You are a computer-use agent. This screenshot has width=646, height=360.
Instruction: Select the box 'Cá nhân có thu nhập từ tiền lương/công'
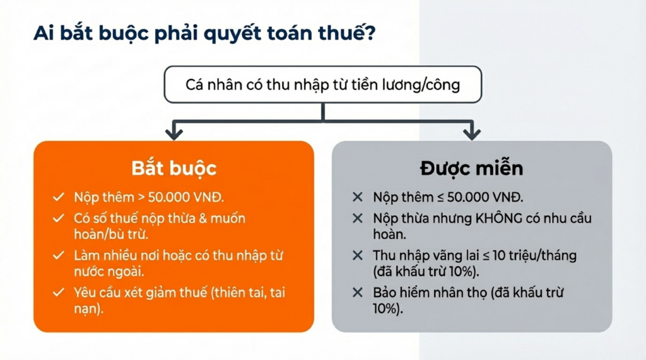click(x=323, y=84)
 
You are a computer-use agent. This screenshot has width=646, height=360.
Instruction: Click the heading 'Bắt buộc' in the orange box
click(x=173, y=168)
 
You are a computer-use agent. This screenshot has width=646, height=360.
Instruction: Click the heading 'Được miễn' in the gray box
click(x=471, y=168)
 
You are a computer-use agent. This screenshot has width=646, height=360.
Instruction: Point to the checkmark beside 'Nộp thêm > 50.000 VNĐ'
click(x=59, y=197)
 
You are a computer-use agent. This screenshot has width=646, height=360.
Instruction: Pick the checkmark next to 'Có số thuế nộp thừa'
click(x=59, y=219)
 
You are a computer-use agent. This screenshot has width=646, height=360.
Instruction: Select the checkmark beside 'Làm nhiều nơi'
click(x=59, y=256)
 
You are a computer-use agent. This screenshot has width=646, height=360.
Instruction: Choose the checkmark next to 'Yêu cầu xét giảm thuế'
click(x=59, y=293)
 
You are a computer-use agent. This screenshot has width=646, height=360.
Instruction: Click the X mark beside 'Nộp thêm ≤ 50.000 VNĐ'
click(x=358, y=197)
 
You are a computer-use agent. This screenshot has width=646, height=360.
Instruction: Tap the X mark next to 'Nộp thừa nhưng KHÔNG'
click(x=358, y=219)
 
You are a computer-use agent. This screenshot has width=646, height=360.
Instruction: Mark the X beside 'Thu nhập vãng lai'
click(x=358, y=256)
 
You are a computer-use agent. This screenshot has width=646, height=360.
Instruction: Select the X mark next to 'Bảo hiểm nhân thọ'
click(x=358, y=293)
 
